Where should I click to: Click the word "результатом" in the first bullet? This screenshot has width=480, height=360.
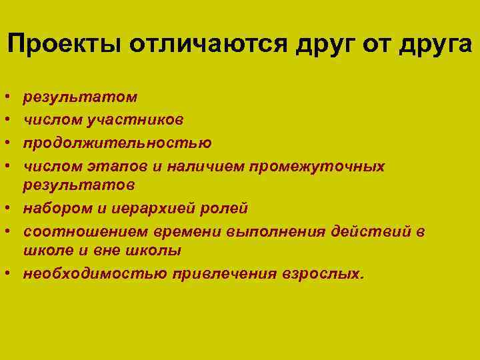point(81,97)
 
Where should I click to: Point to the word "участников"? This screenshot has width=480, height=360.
point(142,120)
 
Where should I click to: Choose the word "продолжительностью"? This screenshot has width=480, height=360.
point(118,143)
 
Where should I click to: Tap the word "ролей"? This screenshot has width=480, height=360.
point(227,208)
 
